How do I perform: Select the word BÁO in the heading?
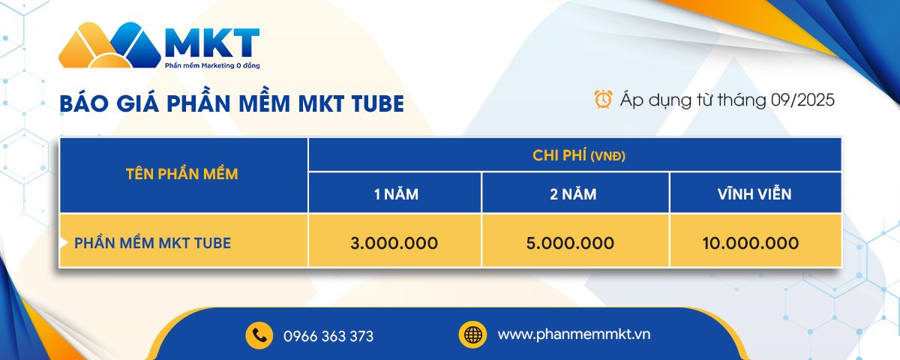tap(83, 104)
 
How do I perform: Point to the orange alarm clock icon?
tap(602, 99)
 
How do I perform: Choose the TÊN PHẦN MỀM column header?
tap(183, 175)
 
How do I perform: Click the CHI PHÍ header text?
tap(559, 155)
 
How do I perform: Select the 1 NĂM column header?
tap(396, 194)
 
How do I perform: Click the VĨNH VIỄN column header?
tap(754, 194)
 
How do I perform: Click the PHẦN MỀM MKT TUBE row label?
tap(152, 243)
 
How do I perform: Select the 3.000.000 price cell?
tap(394, 243)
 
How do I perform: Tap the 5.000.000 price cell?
tap(575, 243)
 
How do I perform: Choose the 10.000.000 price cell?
tap(751, 243)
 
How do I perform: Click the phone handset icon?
tap(259, 334)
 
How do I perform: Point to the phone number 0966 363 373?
tap(328, 336)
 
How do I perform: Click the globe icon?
tap(472, 334)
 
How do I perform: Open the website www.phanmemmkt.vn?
tap(574, 334)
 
